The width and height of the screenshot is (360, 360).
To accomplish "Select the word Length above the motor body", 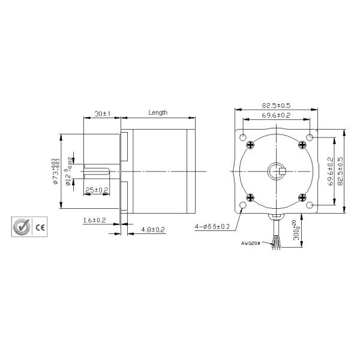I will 158,113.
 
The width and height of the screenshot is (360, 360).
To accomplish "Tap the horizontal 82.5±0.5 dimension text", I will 275,106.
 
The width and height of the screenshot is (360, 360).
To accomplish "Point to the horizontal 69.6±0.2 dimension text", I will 276,115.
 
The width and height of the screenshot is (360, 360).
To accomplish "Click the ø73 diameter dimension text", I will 55,172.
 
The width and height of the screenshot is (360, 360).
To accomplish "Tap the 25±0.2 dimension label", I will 97,190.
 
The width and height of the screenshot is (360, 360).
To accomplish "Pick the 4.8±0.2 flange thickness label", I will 153,230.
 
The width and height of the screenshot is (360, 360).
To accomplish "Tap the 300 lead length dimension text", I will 295,232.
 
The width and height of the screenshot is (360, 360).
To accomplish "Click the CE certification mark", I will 41,227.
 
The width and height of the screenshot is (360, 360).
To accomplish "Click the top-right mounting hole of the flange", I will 310,138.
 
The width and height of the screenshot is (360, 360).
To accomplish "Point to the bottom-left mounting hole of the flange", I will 242,206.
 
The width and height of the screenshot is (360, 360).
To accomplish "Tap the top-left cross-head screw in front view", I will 251,144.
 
